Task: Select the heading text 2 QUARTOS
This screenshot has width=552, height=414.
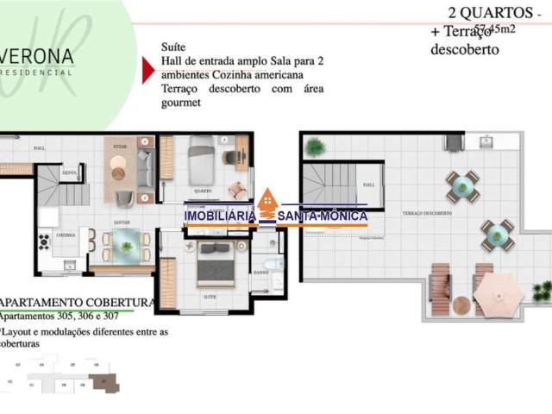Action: (x=490, y=13)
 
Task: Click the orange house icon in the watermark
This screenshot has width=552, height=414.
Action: (x=268, y=201)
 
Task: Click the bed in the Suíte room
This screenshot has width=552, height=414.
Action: (x=216, y=264)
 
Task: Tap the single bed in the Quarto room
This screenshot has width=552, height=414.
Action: (x=201, y=160)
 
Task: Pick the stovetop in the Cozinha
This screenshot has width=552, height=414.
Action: (x=43, y=241)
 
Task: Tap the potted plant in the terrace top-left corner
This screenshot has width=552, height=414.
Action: (x=316, y=147)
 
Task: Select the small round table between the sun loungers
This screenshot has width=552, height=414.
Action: (x=461, y=304)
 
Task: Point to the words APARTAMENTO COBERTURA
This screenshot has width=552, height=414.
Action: (x=78, y=303)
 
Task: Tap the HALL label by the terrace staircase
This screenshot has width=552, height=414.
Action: (x=369, y=184)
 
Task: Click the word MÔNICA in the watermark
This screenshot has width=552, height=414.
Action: (x=341, y=216)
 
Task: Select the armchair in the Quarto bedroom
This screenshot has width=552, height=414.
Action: (x=235, y=191)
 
